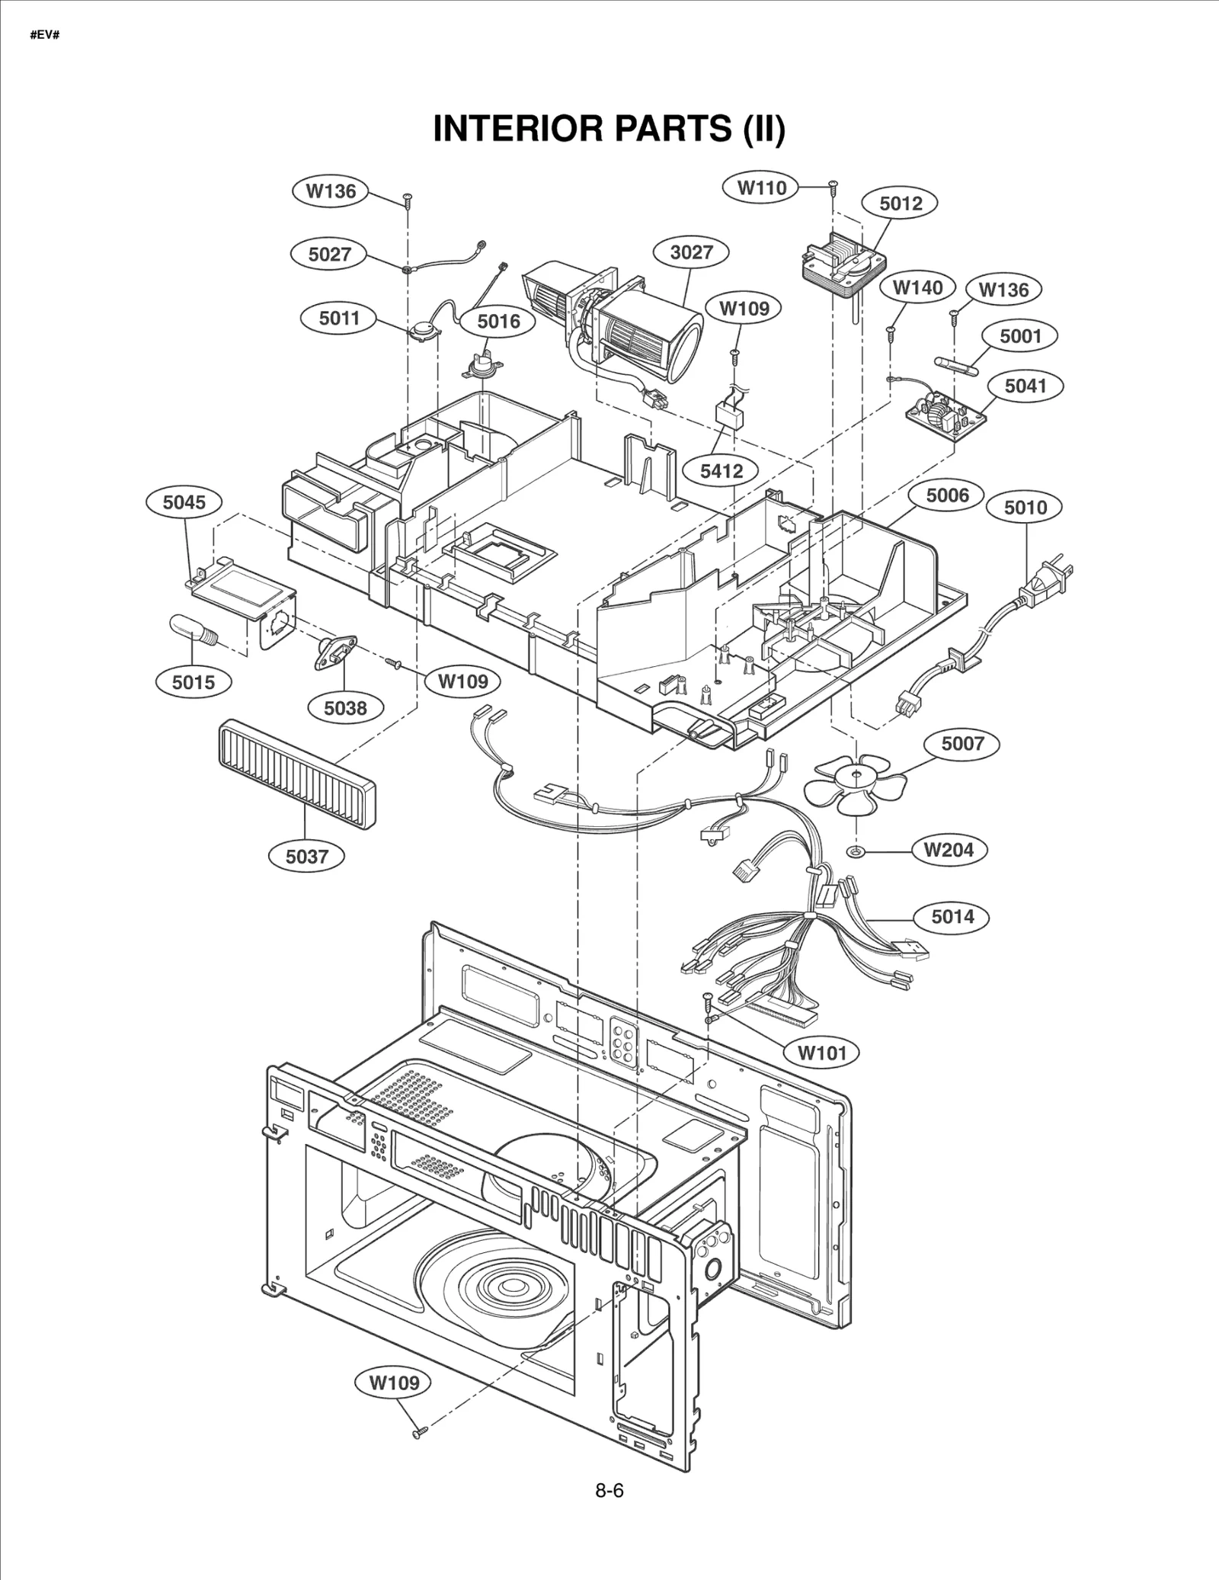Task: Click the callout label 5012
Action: point(901,204)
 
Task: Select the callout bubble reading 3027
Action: point(691,252)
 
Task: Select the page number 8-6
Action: point(609,1491)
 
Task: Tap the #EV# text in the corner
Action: point(45,36)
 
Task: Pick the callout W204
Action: point(949,850)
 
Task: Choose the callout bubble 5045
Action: point(184,502)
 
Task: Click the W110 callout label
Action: point(762,187)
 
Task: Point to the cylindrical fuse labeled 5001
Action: point(955,363)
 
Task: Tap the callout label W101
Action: point(822,1053)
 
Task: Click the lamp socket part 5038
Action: point(336,652)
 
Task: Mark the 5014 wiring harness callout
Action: point(952,916)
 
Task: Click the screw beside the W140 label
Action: point(890,332)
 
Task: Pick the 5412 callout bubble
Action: point(721,471)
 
